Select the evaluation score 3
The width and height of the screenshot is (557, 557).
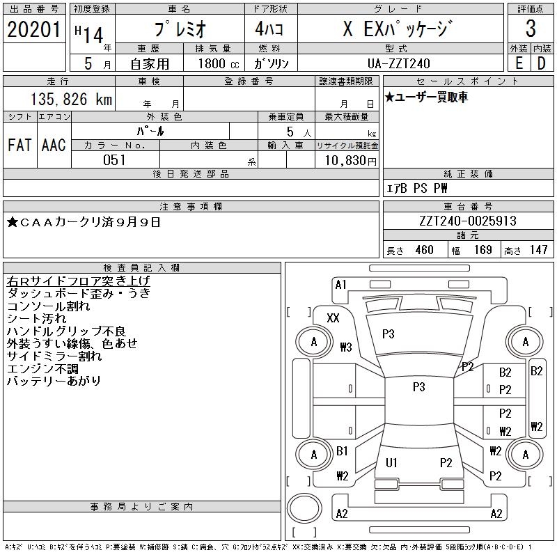531,29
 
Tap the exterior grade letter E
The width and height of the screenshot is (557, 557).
519,62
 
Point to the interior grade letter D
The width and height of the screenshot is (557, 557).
541,62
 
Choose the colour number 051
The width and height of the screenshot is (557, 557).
114,160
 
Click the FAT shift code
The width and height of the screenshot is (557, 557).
19,145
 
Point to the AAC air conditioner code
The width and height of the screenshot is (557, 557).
54,145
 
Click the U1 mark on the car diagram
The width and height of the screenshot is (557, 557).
391,462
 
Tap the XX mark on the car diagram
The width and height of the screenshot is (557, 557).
333,317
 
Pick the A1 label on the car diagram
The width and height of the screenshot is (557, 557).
341,284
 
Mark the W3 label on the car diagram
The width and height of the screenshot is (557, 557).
345,347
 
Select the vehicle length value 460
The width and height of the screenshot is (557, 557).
425,250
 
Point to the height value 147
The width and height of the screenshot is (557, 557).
538,250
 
